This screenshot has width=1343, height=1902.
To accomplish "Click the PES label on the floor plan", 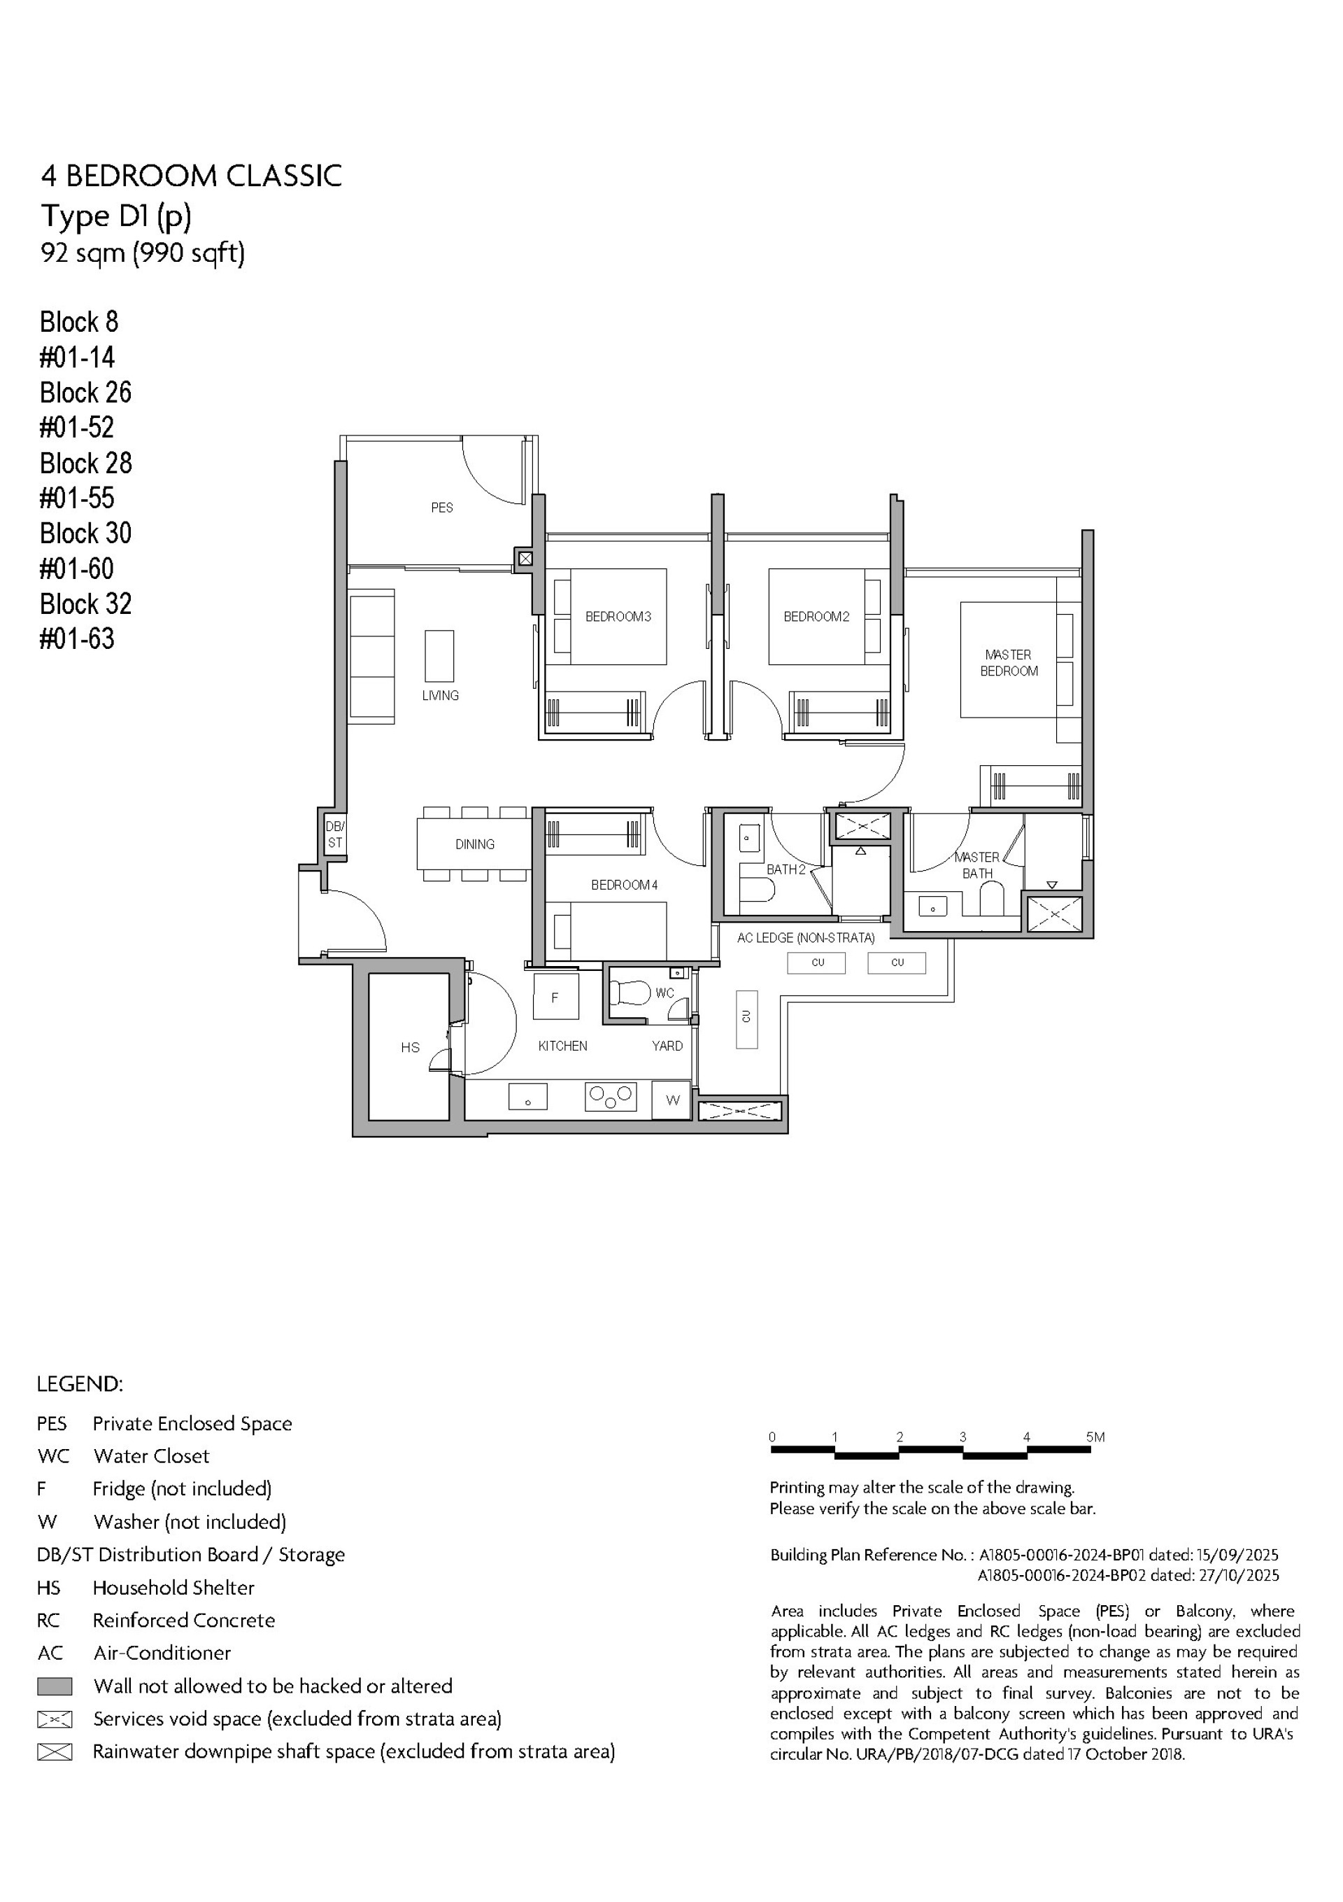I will pos(441,508).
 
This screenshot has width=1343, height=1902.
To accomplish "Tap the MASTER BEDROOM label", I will pos(1008,663).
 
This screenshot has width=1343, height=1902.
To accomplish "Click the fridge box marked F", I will pos(555,998).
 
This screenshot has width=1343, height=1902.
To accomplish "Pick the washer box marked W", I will pos(672,1100).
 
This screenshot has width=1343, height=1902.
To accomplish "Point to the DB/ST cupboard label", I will pos(334,834).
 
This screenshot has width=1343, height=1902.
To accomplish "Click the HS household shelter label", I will pos(410,1047).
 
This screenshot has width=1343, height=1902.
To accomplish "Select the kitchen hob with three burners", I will pos(610,1096).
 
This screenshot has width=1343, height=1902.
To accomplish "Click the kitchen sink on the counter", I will pos(527,1096).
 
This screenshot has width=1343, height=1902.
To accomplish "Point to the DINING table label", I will pos(474,844).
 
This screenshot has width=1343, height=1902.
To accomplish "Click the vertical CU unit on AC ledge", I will pos(746,1019).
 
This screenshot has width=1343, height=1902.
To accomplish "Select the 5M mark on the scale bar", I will pos(1095,1437).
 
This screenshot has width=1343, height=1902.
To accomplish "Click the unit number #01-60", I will pos(77,569).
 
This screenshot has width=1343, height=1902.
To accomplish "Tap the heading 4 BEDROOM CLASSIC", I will pos(191,176).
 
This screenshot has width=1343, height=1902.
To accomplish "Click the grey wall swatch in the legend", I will pos(55,1686).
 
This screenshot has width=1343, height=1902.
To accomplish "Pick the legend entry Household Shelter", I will pos(173,1587).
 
